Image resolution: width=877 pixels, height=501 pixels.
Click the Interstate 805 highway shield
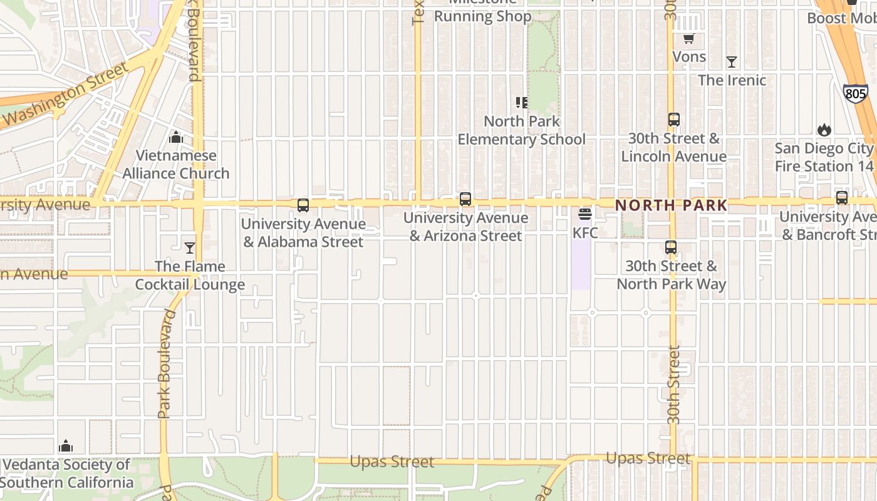855,94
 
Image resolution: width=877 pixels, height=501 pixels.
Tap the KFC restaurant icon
585,214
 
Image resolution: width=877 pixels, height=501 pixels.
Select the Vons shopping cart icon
688,39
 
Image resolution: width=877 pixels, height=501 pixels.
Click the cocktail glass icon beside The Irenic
731,61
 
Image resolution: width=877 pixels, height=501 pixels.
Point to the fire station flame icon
824,130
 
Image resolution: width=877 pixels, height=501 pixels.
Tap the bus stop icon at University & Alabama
303,205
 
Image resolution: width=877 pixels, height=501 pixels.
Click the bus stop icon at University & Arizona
465,199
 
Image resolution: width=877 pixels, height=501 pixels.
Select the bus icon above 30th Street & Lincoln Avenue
674,119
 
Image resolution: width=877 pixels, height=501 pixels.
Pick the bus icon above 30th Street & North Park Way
671,247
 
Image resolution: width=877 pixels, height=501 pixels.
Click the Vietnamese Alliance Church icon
176,137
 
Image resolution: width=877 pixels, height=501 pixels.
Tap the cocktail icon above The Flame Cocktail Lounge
190,248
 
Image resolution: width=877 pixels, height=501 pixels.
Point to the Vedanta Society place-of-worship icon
66,446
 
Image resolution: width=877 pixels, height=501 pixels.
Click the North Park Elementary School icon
522,102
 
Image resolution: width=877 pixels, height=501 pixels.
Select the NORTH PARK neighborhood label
671,205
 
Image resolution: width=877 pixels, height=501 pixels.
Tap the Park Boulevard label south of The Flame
165,363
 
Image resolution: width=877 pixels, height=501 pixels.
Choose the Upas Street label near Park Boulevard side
392,462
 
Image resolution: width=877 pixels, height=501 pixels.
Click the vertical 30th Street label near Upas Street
673,385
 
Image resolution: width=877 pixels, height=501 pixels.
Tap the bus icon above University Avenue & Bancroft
842,198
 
